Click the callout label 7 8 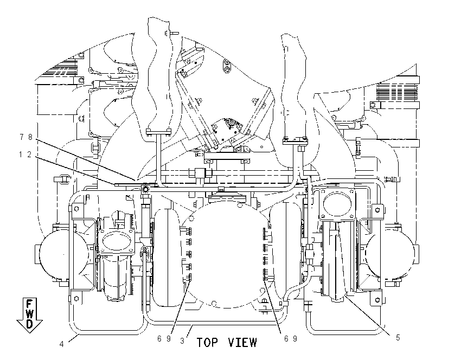(25, 137)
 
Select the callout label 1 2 (25, 155)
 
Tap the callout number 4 (61, 344)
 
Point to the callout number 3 (182, 341)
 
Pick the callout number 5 (398, 338)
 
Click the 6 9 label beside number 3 (164, 339)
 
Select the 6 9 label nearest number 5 (291, 339)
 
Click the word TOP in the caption (208, 342)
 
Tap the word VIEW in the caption (242, 342)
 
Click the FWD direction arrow (29, 316)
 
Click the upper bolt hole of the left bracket (76, 209)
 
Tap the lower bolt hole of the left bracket (76, 299)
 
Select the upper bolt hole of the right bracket (377, 210)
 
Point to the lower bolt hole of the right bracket (377, 300)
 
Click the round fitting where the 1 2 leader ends (145, 190)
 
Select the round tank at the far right (391, 254)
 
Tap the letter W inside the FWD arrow (29, 313)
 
